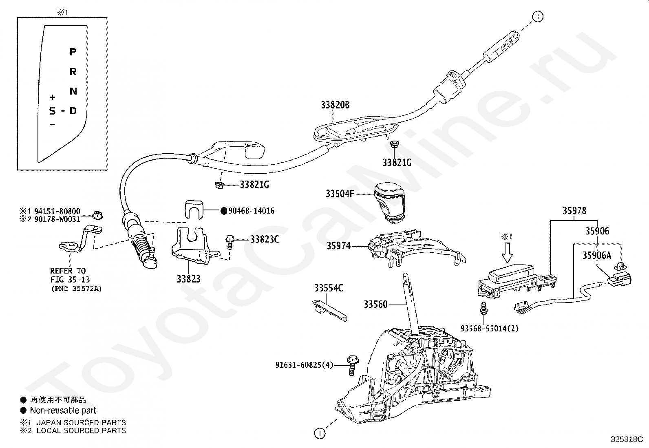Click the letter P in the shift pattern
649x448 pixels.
point(73,52)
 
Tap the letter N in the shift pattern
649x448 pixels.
point(73,91)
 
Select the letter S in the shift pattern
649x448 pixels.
point(53,111)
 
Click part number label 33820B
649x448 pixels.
point(335,105)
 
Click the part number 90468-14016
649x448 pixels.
point(251,211)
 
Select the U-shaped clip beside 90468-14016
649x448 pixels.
point(194,210)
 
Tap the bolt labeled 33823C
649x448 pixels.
point(230,243)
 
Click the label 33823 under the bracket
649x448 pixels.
point(189,279)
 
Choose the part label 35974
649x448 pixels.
point(339,246)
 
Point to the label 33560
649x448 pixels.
point(375,304)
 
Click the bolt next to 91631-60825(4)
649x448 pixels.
point(353,365)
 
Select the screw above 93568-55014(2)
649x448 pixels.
point(483,308)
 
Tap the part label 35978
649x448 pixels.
point(574,211)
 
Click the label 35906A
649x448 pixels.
point(596,255)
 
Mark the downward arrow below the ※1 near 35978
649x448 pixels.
point(507,253)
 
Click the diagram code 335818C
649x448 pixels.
point(627,439)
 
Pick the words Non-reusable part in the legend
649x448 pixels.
point(63,410)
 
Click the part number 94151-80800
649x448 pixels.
point(57,211)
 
